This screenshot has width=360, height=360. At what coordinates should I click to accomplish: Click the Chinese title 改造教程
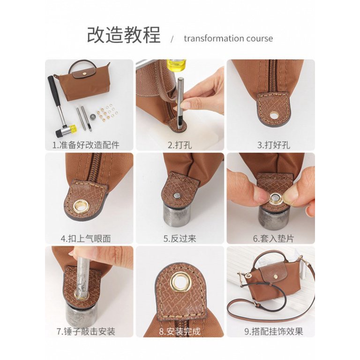124,36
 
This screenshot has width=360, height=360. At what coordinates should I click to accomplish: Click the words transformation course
228,38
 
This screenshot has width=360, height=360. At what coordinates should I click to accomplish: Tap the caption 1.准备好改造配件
86,145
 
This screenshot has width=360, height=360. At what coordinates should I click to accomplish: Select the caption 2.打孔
180,145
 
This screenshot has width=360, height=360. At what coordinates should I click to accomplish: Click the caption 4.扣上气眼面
86,238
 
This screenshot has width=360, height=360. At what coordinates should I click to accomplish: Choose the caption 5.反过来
180,238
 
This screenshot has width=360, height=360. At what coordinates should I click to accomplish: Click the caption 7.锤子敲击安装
86,331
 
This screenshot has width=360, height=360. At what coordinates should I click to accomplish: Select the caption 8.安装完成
180,331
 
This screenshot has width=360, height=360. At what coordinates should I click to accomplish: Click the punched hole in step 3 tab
273,114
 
